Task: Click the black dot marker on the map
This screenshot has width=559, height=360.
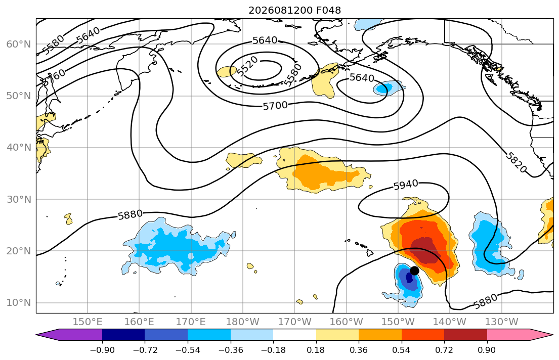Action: tap(414, 271)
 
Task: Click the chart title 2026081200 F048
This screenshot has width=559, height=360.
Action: tap(294, 10)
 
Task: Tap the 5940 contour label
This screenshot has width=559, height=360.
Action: tap(406, 185)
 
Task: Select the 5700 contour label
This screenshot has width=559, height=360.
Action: tap(275, 106)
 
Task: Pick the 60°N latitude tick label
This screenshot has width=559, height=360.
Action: tap(19, 44)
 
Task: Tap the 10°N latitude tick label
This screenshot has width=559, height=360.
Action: tap(19, 303)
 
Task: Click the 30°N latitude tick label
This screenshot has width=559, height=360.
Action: tap(19, 199)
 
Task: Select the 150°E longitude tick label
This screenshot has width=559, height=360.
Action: tap(88, 322)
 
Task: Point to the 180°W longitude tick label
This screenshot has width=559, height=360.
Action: tap(243, 322)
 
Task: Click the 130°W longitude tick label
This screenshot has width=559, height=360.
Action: tap(502, 322)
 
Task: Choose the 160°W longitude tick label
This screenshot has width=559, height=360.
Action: tap(346, 322)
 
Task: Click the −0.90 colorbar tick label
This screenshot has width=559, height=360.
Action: tap(102, 350)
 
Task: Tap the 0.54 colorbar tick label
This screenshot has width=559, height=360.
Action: tap(401, 350)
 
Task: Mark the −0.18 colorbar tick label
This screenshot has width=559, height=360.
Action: tap(273, 350)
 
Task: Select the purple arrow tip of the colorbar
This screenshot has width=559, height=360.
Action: tap(36, 335)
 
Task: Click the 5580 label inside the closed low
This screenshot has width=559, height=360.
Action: tap(293, 74)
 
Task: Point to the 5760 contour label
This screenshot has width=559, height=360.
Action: tap(54, 77)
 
